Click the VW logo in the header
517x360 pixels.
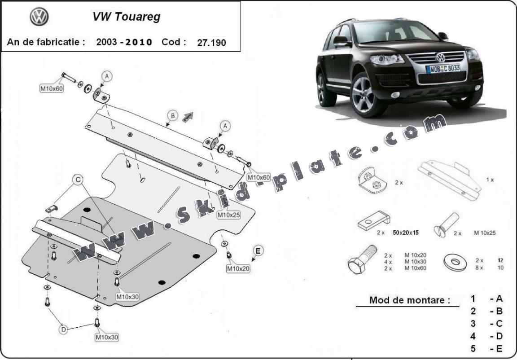pyautogui.click(x=39, y=18)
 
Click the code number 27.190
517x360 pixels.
pyautogui.click(x=211, y=43)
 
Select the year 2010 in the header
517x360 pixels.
pyautogui.click(x=139, y=43)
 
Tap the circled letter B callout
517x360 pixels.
pyautogui.click(x=172, y=116)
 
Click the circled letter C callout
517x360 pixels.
pyautogui.click(x=78, y=180)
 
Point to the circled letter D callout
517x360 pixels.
pyautogui.click(x=64, y=330)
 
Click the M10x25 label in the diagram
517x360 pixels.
pyautogui.click(x=229, y=215)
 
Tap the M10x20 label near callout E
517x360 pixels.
pyautogui.click(x=238, y=268)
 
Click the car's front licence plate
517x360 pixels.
pyautogui.click(x=443, y=68)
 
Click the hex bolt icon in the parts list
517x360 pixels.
pyautogui.click(x=363, y=260)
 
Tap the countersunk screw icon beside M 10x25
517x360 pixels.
pyautogui.click(x=446, y=225)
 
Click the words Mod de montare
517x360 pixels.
pyautogui.click(x=409, y=300)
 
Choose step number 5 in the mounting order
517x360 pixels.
pyautogui.click(x=473, y=348)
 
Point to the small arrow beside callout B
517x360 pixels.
pyautogui.click(x=187, y=117)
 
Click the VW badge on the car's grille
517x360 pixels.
pyautogui.click(x=440, y=57)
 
